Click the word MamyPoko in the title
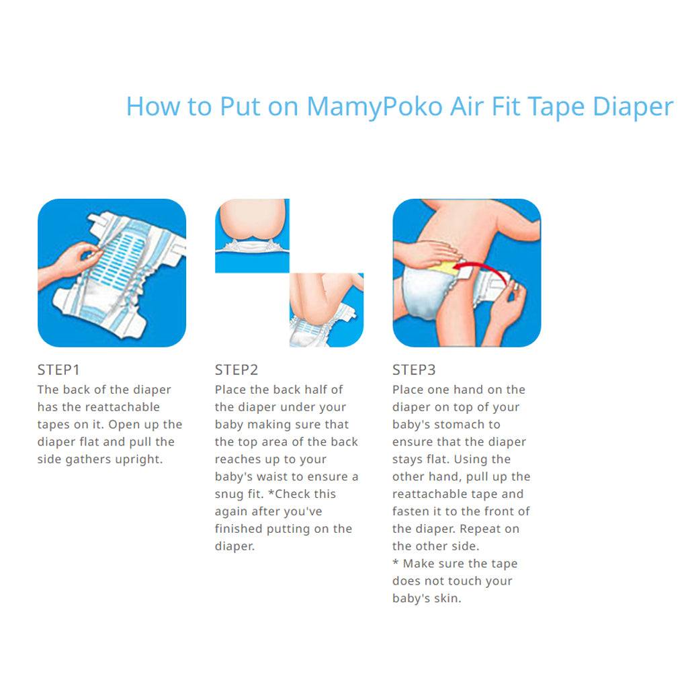375,107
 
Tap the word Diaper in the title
633,106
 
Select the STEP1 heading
58,370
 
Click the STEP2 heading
236,370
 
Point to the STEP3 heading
414,370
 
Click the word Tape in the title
556,107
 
